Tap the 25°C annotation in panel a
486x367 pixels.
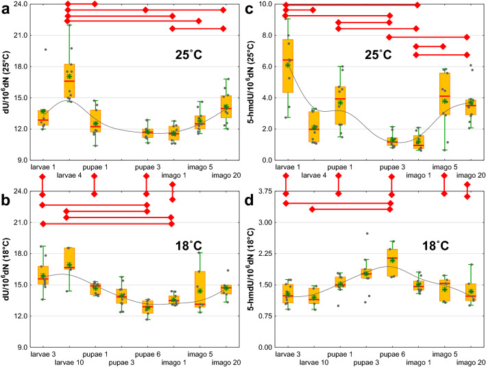click(x=186, y=54)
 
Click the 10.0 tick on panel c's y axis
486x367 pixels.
click(x=269, y=4)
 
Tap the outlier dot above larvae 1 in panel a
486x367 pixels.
click(x=45, y=49)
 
